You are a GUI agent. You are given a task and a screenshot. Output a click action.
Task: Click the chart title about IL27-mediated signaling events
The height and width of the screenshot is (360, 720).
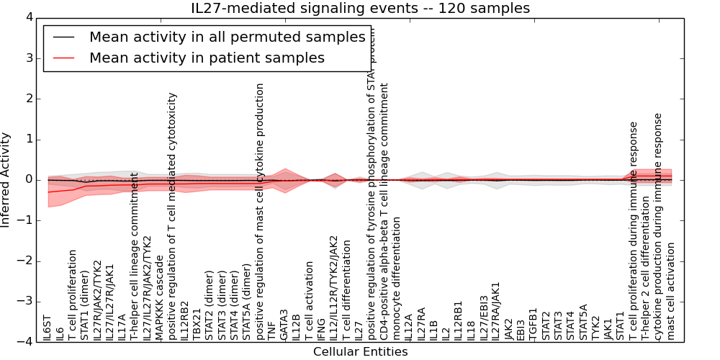pyautogui.click(x=360, y=9)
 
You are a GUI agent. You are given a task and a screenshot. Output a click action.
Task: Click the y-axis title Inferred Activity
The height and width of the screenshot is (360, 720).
pyautogui.click(x=6, y=179)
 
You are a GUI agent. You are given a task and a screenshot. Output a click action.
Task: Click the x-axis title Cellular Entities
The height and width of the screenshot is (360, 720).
pyautogui.click(x=360, y=352)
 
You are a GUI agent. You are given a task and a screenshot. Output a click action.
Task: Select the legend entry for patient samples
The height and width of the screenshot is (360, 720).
pyautogui.click(x=207, y=58)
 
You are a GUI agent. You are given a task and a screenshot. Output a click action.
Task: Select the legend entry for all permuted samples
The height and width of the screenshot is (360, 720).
pyautogui.click(x=227, y=37)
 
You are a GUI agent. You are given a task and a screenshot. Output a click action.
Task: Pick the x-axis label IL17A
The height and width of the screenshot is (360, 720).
pyautogui.click(x=122, y=328)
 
